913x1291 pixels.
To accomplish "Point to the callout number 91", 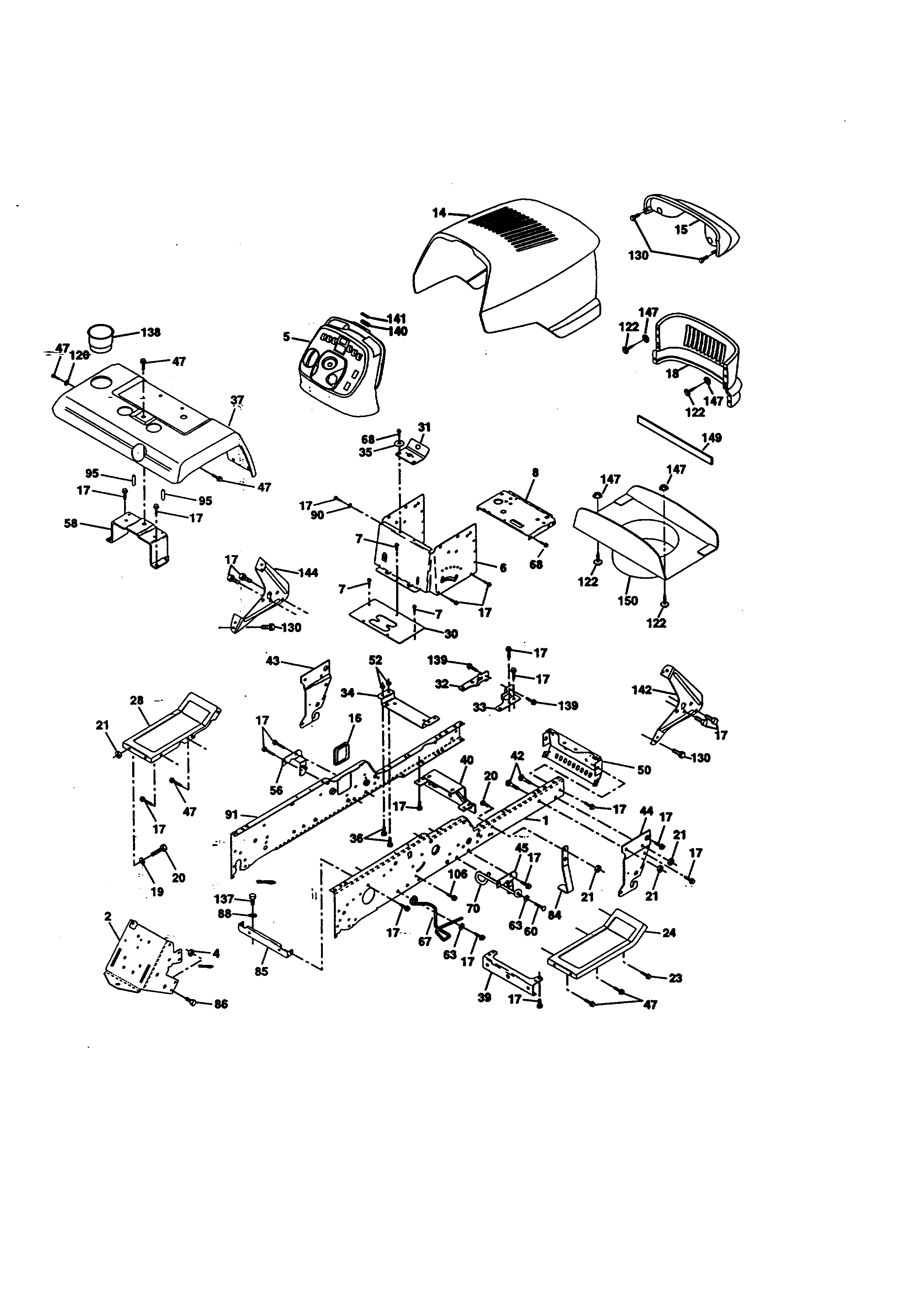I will click(x=232, y=814).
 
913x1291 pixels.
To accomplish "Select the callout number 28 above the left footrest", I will click(x=137, y=700).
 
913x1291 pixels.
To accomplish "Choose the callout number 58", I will click(x=71, y=523).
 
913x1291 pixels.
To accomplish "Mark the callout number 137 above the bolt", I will click(x=224, y=899).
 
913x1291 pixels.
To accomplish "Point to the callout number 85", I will click(x=261, y=971).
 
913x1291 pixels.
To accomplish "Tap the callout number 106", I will click(x=458, y=874).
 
